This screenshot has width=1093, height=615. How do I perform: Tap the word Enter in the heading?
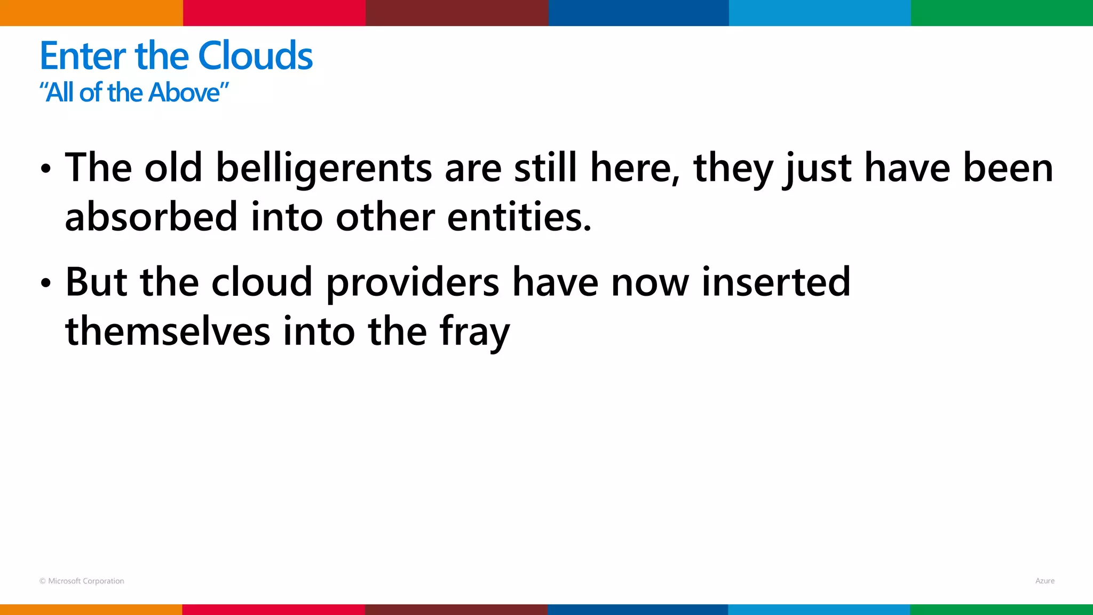tap(83, 56)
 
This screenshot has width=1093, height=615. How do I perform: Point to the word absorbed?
tap(151, 217)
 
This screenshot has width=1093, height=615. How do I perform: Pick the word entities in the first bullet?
tap(519, 217)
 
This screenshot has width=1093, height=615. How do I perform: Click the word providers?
tap(413, 282)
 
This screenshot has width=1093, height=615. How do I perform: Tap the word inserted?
tap(775, 282)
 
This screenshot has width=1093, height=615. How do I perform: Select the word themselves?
tap(168, 332)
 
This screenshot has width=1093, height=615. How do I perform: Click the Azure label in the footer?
tap(1044, 581)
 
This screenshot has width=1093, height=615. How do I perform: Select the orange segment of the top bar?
tap(91, 13)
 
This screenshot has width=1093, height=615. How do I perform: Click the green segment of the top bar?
tap(1002, 13)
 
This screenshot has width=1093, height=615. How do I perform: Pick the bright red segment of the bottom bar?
tap(273, 610)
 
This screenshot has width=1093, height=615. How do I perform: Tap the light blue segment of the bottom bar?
tap(819, 610)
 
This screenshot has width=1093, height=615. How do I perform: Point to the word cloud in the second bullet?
tap(262, 282)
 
